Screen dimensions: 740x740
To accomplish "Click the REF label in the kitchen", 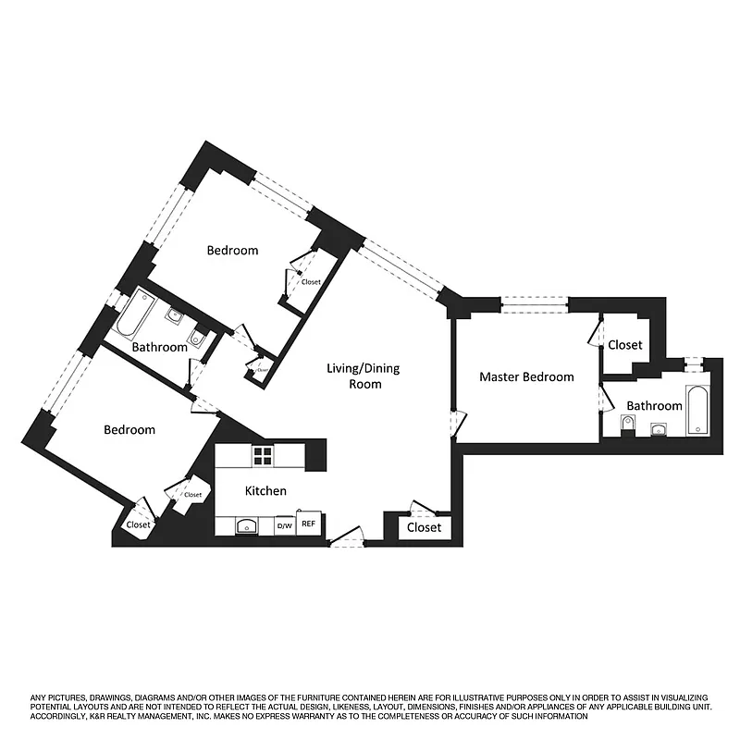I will click(x=309, y=524).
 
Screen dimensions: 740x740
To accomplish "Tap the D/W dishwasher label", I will click(x=285, y=525).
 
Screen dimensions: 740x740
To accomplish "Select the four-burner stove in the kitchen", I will click(x=264, y=454).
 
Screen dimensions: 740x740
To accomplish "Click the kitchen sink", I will click(x=247, y=526).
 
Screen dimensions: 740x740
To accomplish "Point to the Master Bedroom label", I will click(x=525, y=376).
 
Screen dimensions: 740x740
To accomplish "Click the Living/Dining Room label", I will click(x=364, y=376).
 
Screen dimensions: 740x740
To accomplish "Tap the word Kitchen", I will click(x=265, y=490).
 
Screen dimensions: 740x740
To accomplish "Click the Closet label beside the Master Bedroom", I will click(x=624, y=345).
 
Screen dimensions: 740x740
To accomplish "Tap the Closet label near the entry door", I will click(x=424, y=527).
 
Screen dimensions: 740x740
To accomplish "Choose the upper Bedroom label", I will click(x=232, y=250).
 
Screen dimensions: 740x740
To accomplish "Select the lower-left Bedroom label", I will click(x=129, y=430).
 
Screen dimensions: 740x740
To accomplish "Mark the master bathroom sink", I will click(x=660, y=428).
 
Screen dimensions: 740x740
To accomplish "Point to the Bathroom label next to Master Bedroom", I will click(x=654, y=405).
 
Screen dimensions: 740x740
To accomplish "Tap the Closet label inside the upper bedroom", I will click(x=311, y=282).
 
